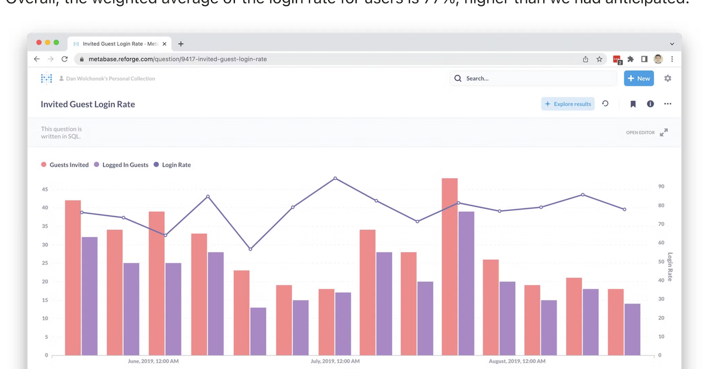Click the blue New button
point(639,78)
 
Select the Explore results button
point(568,104)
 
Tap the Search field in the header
point(533,78)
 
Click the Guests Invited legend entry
point(65,165)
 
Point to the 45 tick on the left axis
point(45,190)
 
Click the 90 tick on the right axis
point(661,186)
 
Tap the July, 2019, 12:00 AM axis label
point(335,361)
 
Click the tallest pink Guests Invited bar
point(450,266)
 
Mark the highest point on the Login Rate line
point(335,178)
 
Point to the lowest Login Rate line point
point(250,250)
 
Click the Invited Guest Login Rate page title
point(88,104)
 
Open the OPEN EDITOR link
point(640,133)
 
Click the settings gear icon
point(668,78)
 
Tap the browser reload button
point(64,59)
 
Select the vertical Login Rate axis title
point(670,266)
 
